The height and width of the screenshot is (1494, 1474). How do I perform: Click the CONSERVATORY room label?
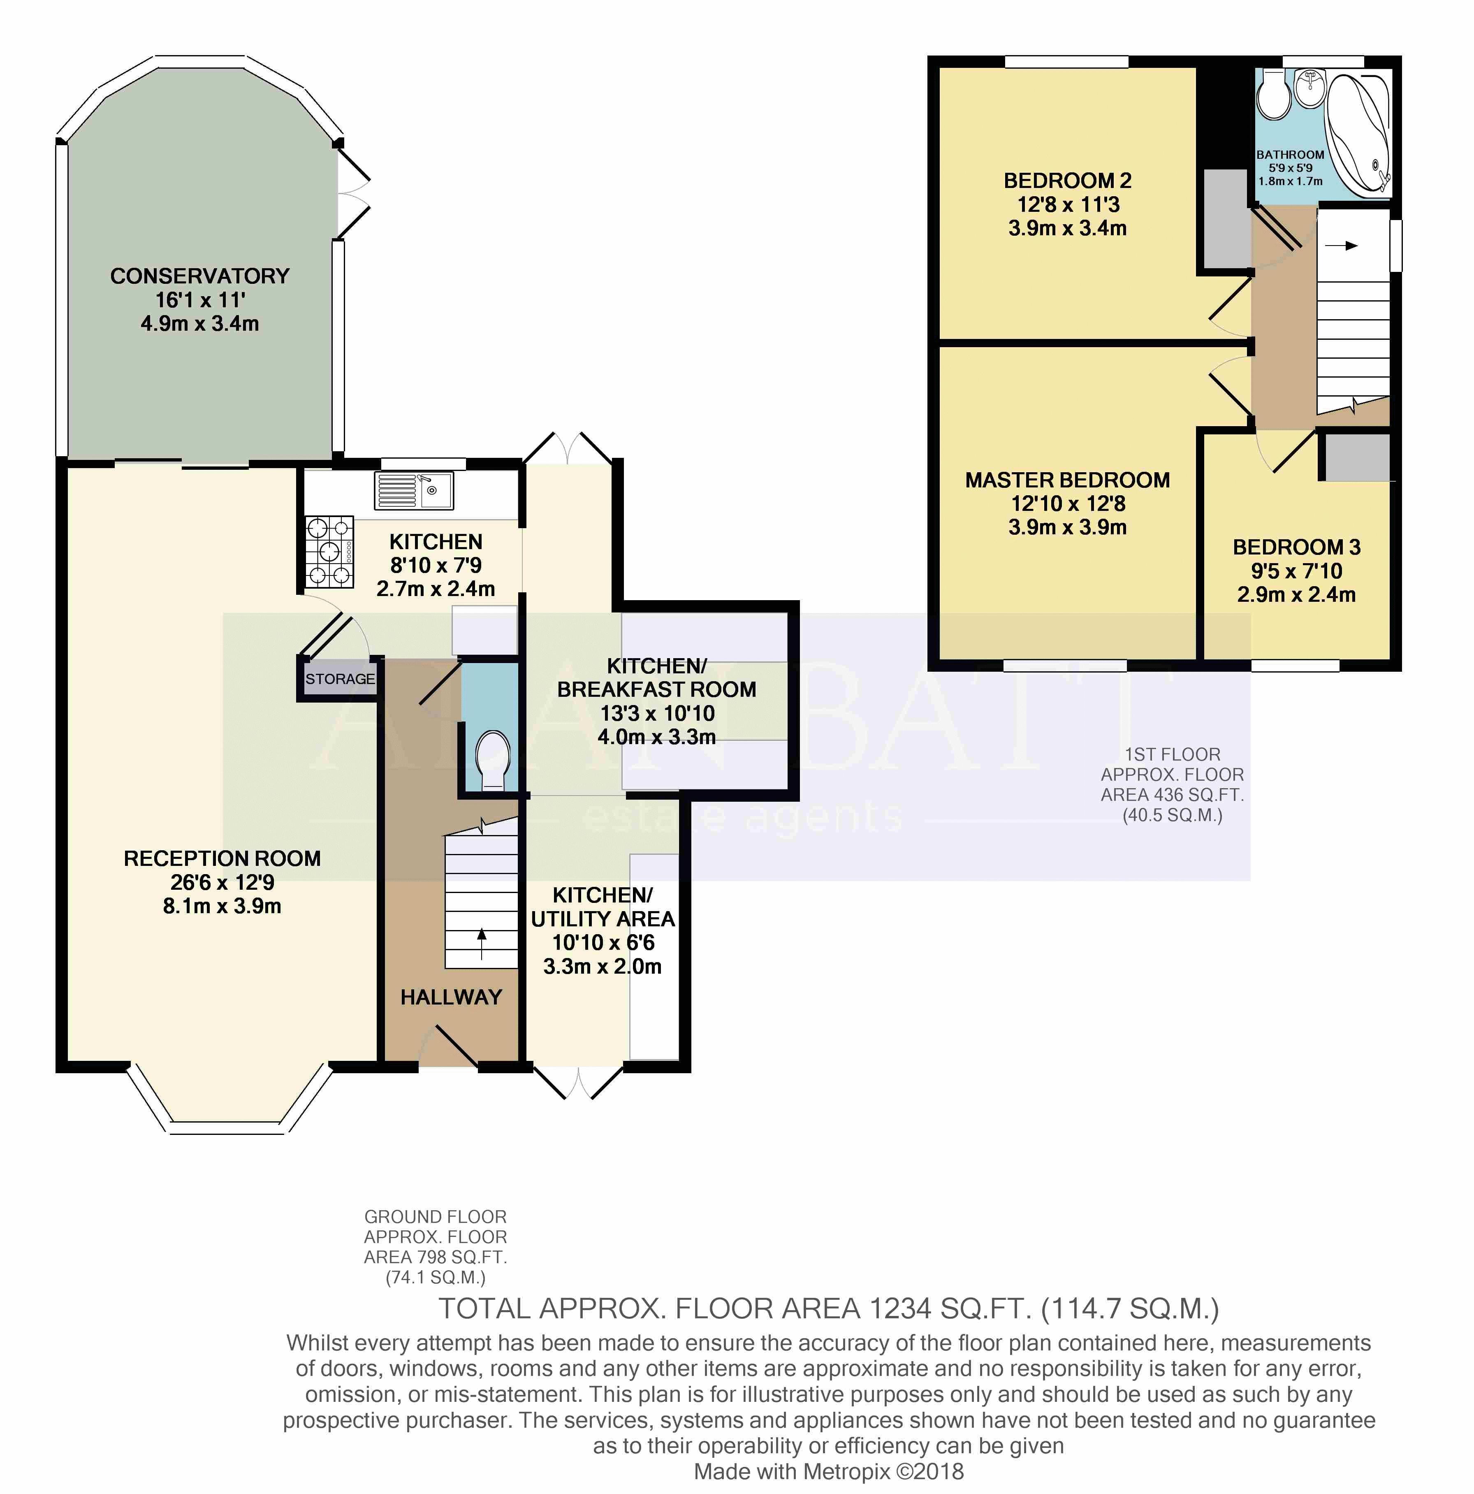tap(199, 276)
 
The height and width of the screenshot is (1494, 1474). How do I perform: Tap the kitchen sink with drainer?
tap(414, 490)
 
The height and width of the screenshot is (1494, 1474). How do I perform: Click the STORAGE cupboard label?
tap(339, 679)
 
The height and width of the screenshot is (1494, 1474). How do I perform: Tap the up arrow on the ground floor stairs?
tap(482, 944)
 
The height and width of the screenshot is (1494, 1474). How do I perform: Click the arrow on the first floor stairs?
tap(1341, 246)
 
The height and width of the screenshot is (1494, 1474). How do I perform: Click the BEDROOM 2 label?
tap(1067, 181)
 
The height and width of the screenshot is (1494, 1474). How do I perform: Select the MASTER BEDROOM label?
tap(1067, 480)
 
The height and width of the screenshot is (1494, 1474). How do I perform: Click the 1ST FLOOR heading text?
tap(1173, 755)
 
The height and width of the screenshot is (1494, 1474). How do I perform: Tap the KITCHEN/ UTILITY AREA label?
tap(603, 907)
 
